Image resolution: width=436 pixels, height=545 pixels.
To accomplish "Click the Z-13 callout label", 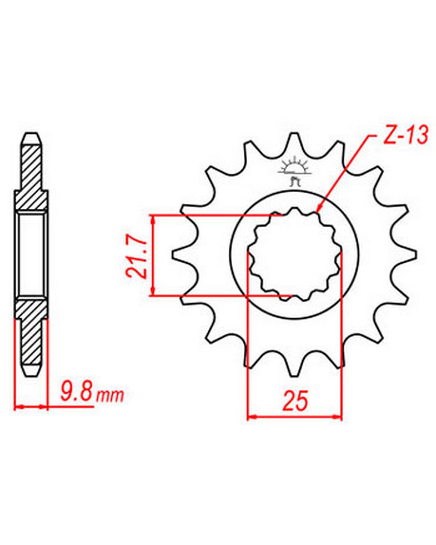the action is [x=405, y=136].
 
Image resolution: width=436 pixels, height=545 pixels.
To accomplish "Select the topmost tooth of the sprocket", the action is [x=294, y=144].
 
